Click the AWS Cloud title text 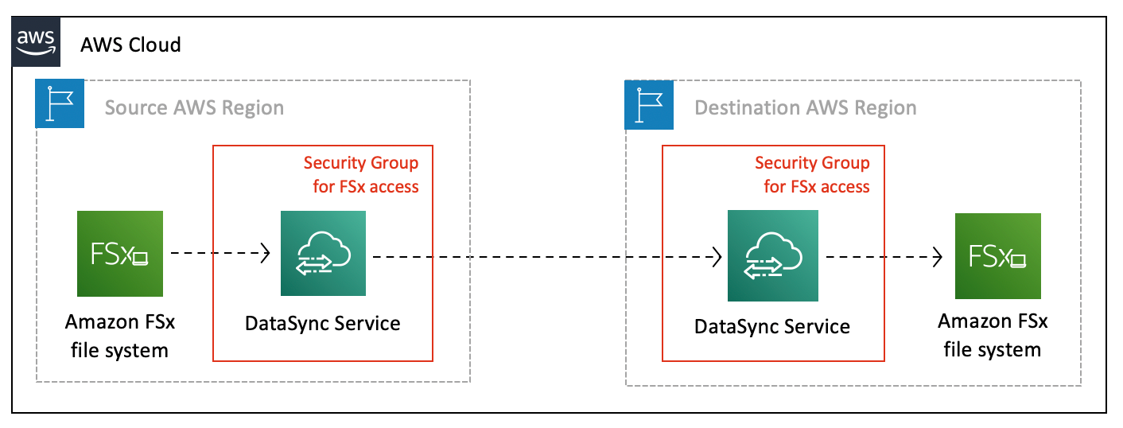tap(130, 45)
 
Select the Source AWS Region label tap(194, 107)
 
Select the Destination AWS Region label tap(805, 107)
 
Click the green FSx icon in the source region tap(120, 253)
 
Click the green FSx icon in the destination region tap(997, 255)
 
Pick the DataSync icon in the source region tap(323, 253)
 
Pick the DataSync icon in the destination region tap(772, 255)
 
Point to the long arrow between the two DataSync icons tap(546, 257)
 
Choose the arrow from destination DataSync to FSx tap(883, 257)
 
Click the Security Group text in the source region tap(361, 174)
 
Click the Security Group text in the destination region tap(812, 174)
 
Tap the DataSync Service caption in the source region tap(322, 323)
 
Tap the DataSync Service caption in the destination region tap(772, 326)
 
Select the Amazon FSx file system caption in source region tap(119, 336)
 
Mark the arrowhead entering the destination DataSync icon tap(717, 257)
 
